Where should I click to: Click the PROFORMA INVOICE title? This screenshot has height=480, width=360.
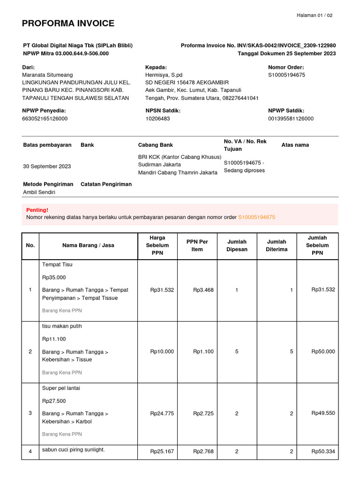click(x=68, y=23)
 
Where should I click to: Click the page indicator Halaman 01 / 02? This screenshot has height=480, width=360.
click(x=315, y=15)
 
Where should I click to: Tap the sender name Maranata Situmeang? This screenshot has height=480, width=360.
click(x=47, y=75)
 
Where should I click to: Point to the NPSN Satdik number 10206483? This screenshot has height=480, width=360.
click(x=157, y=119)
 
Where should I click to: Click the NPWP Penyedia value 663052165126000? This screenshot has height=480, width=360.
click(x=45, y=119)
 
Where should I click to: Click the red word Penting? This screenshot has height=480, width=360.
click(x=37, y=210)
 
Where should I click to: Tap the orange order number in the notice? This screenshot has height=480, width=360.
click(x=256, y=217)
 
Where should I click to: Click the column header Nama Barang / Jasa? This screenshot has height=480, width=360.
click(x=88, y=245)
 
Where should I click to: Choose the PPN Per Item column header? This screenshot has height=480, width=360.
click(x=197, y=245)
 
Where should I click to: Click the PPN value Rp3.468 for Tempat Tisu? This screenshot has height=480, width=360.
click(x=203, y=290)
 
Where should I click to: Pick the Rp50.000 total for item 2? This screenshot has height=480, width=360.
click(x=323, y=352)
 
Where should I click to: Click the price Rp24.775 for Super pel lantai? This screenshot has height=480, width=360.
click(x=162, y=413)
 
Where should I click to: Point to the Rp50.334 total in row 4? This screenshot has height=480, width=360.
click(x=323, y=451)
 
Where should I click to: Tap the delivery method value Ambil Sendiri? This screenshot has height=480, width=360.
click(x=39, y=192)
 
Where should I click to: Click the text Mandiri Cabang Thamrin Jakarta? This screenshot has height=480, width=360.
click(x=178, y=172)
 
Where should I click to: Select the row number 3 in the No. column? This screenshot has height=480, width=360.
click(x=30, y=413)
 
